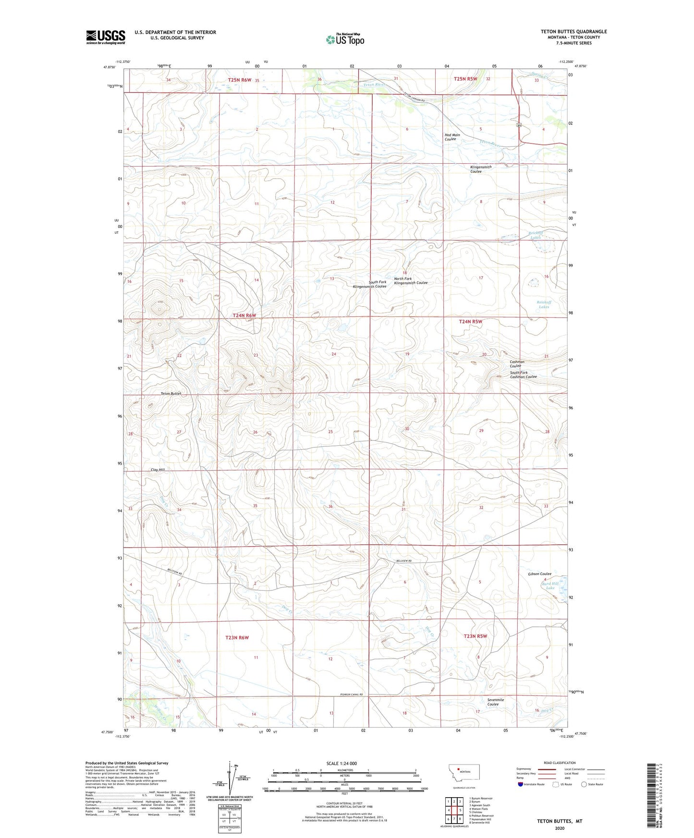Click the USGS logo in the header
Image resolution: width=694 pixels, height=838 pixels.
point(106,37)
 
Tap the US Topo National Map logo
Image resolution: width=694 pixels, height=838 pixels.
point(345,39)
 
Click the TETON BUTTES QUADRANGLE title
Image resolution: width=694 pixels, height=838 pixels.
point(573,32)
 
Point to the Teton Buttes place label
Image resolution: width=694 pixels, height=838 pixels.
point(170,394)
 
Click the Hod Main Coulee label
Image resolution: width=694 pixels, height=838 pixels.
point(452,137)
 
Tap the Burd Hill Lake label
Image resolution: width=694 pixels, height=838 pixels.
point(550,586)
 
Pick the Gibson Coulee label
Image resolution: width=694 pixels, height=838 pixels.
point(539,574)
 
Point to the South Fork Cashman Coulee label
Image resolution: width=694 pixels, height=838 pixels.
point(523,375)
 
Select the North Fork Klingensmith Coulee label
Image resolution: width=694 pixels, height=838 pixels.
point(410,281)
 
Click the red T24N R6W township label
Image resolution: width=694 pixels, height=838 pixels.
point(244,315)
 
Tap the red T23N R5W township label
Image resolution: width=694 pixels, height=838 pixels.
point(475,636)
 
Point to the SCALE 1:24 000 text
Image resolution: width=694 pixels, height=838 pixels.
point(341,764)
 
